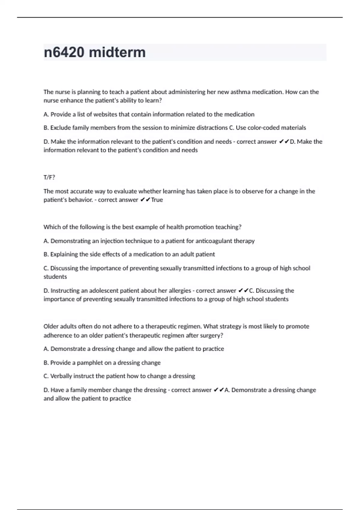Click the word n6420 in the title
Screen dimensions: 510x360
[64, 52]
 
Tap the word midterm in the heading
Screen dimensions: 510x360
[117, 52]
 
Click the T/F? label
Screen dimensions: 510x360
[49, 177]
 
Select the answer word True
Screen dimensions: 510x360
[157, 200]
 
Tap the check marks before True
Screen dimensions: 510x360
[145, 200]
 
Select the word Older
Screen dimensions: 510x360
[51, 326]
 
